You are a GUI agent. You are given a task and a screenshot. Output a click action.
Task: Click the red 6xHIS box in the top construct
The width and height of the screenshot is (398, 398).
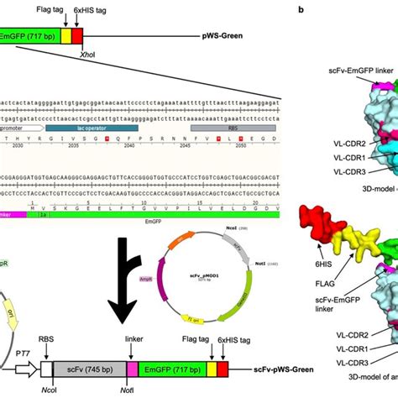(78, 38)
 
